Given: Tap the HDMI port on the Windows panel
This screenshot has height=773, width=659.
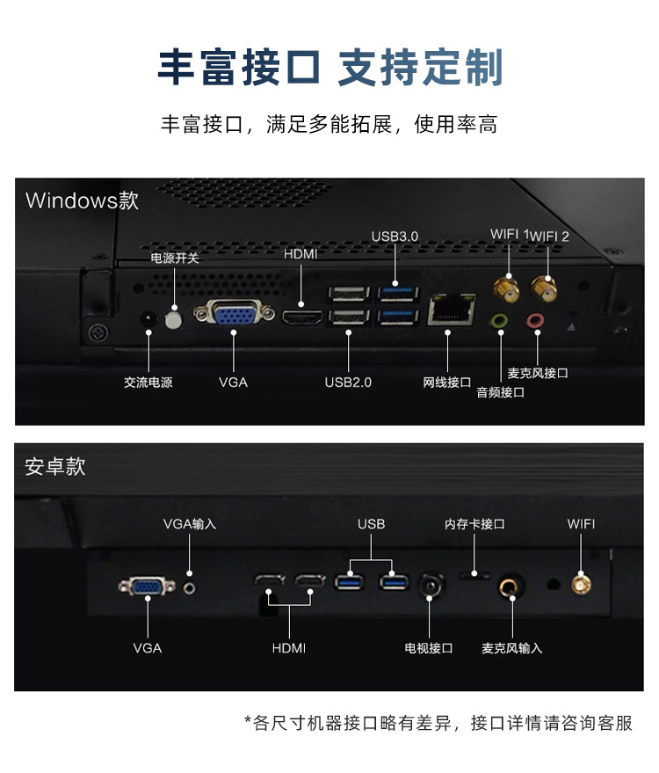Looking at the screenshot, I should [302, 316].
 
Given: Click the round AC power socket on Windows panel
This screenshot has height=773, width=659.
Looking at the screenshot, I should [148, 317].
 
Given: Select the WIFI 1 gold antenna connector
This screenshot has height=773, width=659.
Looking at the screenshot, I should [508, 288].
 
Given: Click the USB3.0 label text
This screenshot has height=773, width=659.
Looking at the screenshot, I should [395, 237].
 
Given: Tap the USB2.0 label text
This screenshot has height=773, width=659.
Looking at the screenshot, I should [348, 383].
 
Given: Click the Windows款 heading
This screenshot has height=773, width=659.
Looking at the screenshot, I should [82, 201].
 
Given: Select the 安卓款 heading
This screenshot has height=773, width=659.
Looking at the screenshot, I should [55, 466].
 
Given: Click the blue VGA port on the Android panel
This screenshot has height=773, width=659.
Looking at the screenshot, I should [147, 585].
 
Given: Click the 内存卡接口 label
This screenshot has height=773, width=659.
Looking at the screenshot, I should [474, 524].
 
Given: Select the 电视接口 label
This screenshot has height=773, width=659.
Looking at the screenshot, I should [429, 649].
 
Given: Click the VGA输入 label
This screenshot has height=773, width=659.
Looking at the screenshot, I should [190, 524].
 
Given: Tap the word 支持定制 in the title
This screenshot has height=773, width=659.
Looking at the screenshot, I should [420, 69].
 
